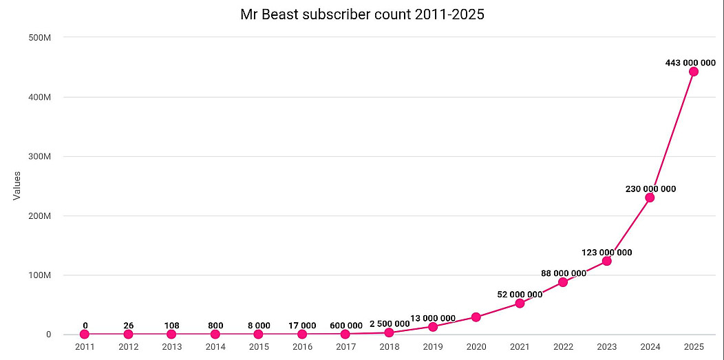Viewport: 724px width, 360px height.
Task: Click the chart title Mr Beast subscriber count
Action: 362,14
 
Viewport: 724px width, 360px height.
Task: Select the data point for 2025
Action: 693,72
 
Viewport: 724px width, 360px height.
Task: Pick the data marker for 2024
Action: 650,198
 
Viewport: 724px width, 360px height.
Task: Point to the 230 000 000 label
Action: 650,189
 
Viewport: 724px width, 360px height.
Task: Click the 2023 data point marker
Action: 606,261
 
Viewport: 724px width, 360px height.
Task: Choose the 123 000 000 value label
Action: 606,252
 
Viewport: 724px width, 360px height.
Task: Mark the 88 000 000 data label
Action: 563,273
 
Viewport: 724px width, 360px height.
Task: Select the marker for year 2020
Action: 476,317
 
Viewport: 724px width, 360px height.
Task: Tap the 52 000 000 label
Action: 520,295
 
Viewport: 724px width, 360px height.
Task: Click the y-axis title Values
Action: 17,186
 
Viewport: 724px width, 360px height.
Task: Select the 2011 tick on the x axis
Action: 85,346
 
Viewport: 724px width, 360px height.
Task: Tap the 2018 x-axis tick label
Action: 389,346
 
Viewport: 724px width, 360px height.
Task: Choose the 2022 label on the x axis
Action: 563,346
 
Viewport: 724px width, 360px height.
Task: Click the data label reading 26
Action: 128,326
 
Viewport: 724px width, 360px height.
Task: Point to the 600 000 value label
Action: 345,326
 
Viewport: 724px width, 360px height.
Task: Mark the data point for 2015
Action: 258,335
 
